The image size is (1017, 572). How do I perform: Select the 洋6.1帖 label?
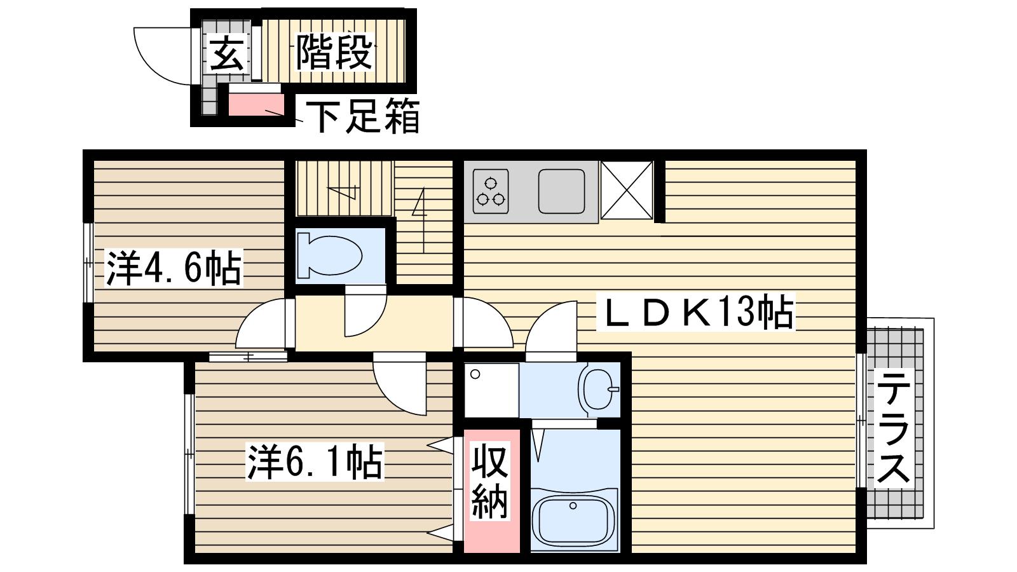(314, 461)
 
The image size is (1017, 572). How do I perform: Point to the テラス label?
(893, 432)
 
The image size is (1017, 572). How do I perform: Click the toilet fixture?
(329, 255)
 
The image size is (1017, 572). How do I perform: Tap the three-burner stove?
(490, 191)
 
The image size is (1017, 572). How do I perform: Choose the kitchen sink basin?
(562, 191)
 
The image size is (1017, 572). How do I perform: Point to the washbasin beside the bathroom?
(599, 390)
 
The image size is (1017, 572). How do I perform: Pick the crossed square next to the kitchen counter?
(627, 190)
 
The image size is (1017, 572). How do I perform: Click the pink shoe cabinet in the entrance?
(256, 104)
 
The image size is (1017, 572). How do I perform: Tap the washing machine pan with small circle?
(492, 390)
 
